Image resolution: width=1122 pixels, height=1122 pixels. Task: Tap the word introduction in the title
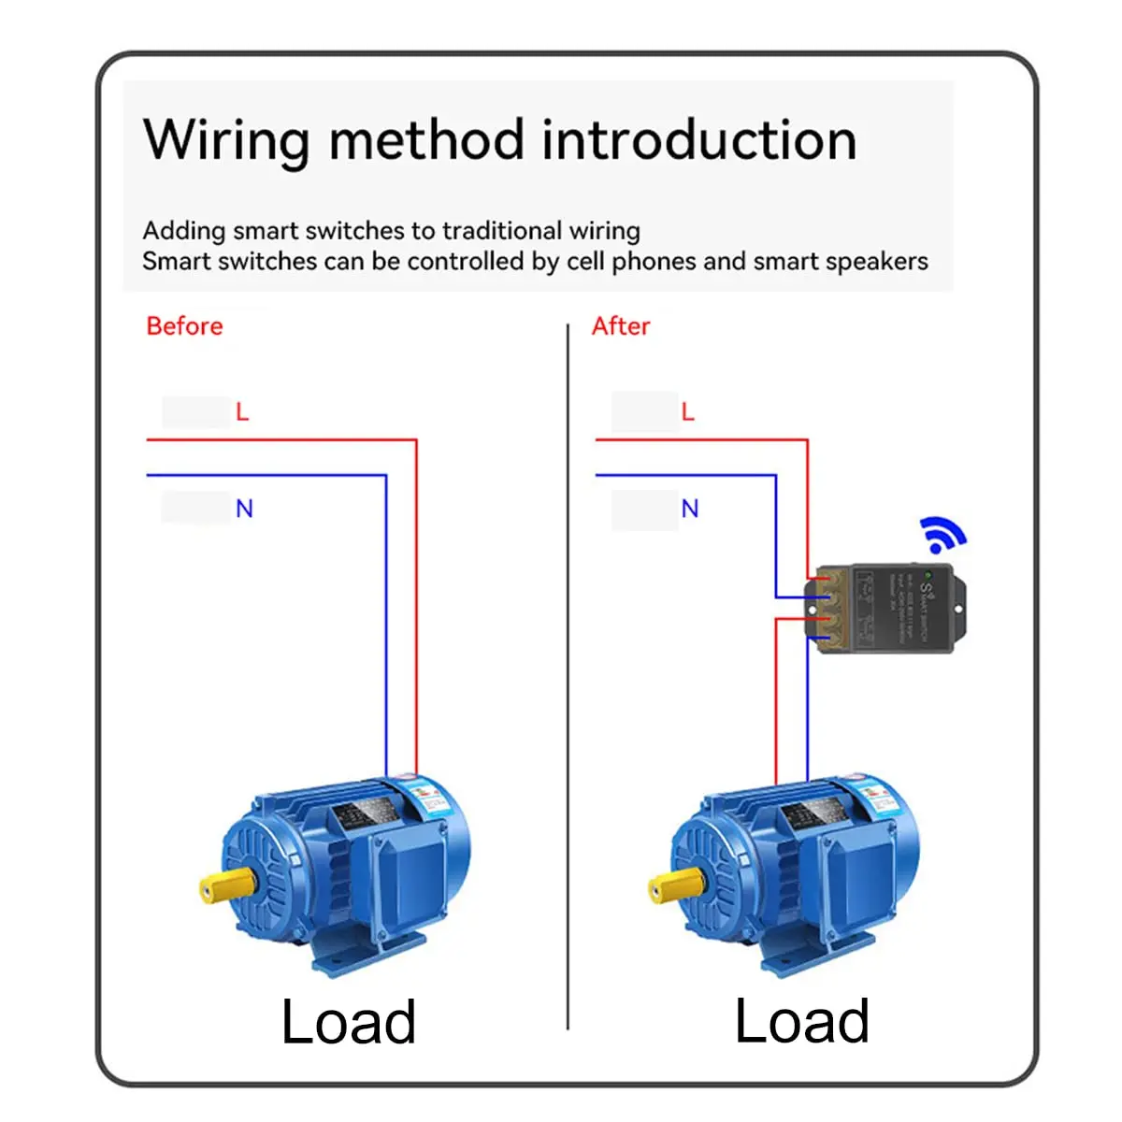click(698, 140)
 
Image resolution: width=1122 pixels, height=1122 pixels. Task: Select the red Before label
click(184, 326)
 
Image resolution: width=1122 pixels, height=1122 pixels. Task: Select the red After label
click(621, 326)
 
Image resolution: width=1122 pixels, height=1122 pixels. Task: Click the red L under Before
click(242, 412)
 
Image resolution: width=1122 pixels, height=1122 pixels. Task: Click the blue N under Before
click(244, 509)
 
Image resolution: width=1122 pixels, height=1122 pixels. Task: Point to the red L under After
click(688, 412)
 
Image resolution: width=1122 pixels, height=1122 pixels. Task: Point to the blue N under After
click(690, 509)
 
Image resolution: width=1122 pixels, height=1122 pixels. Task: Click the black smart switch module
click(884, 608)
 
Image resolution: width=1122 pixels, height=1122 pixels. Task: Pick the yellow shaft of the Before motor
click(227, 885)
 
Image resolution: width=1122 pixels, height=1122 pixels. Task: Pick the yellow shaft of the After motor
click(676, 885)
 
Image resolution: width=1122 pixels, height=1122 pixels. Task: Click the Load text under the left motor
click(348, 1022)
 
